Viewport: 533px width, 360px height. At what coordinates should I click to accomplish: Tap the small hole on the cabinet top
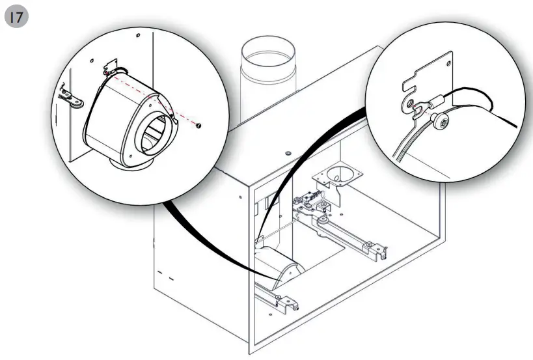click(x=288, y=153)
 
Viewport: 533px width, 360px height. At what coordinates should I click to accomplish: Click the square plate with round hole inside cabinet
click(x=338, y=176)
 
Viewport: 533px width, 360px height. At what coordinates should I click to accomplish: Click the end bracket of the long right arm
click(x=374, y=246)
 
